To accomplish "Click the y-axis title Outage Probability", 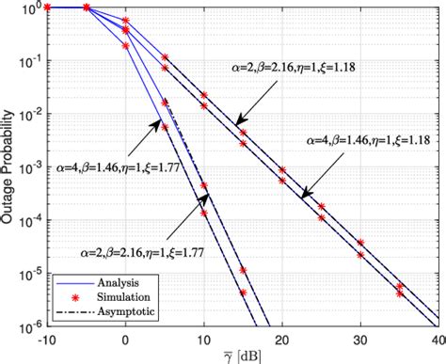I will point(11,166).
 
